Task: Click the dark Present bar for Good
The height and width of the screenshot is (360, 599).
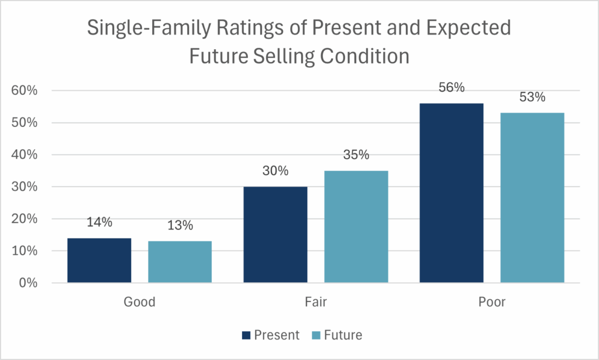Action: coord(99,260)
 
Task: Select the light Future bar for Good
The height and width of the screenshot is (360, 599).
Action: coord(180,262)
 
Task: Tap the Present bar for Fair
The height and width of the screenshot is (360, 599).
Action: coord(276,235)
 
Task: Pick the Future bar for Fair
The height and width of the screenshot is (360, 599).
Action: coord(356,227)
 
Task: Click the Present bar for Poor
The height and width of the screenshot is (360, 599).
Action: coord(452,193)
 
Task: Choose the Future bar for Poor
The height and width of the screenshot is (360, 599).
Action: coord(532,198)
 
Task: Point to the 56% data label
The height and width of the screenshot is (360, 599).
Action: coord(452,88)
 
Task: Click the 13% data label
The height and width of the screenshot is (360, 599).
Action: coord(180,225)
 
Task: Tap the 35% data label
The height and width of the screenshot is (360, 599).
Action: coord(356,155)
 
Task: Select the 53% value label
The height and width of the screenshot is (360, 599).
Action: coord(532,97)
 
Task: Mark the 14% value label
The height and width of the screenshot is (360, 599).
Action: coord(99,222)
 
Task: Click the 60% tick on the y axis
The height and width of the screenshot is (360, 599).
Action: coord(25,91)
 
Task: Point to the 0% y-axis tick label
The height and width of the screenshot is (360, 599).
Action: coord(28,283)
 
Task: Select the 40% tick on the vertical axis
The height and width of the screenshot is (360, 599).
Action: coord(25,155)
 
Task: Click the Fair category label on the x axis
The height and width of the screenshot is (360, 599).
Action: coord(316,303)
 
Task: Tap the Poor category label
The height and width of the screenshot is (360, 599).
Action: coord(492,303)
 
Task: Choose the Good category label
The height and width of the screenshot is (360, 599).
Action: coord(139,303)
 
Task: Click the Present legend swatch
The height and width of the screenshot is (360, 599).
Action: coord(246,335)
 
